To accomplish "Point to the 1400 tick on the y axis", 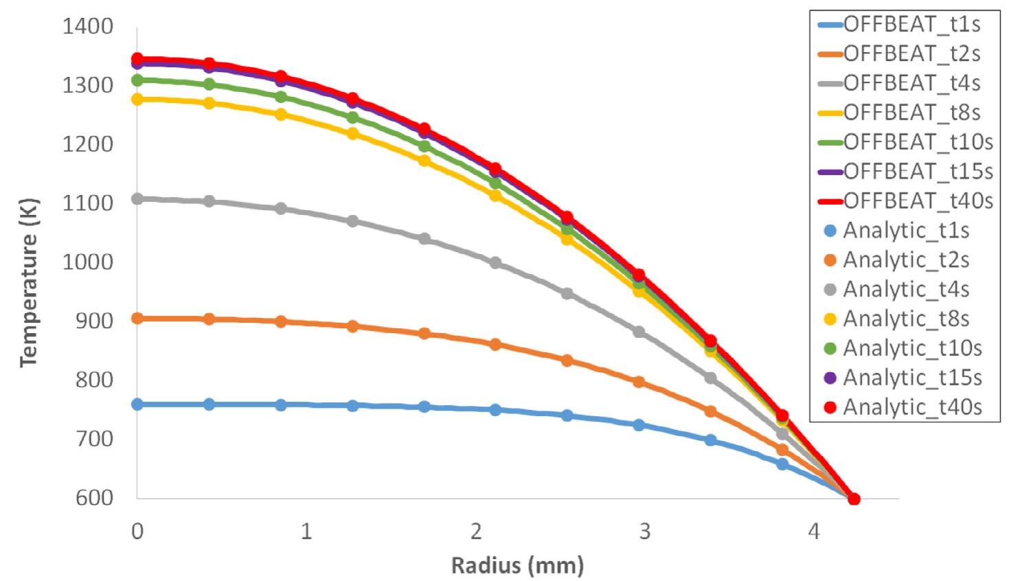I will [88, 27].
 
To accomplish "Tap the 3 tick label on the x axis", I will [645, 531].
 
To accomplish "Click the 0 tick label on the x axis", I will [137, 531].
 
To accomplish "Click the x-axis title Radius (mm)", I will [517, 565].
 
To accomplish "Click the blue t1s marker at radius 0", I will [137, 405].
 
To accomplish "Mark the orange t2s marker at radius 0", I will [137, 319].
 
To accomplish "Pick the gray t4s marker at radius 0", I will [137, 199].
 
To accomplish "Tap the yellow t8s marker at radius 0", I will [137, 100].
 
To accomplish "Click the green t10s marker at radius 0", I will [137, 80].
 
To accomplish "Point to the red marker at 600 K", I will [854, 499].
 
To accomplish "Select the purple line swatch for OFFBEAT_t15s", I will [830, 172].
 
